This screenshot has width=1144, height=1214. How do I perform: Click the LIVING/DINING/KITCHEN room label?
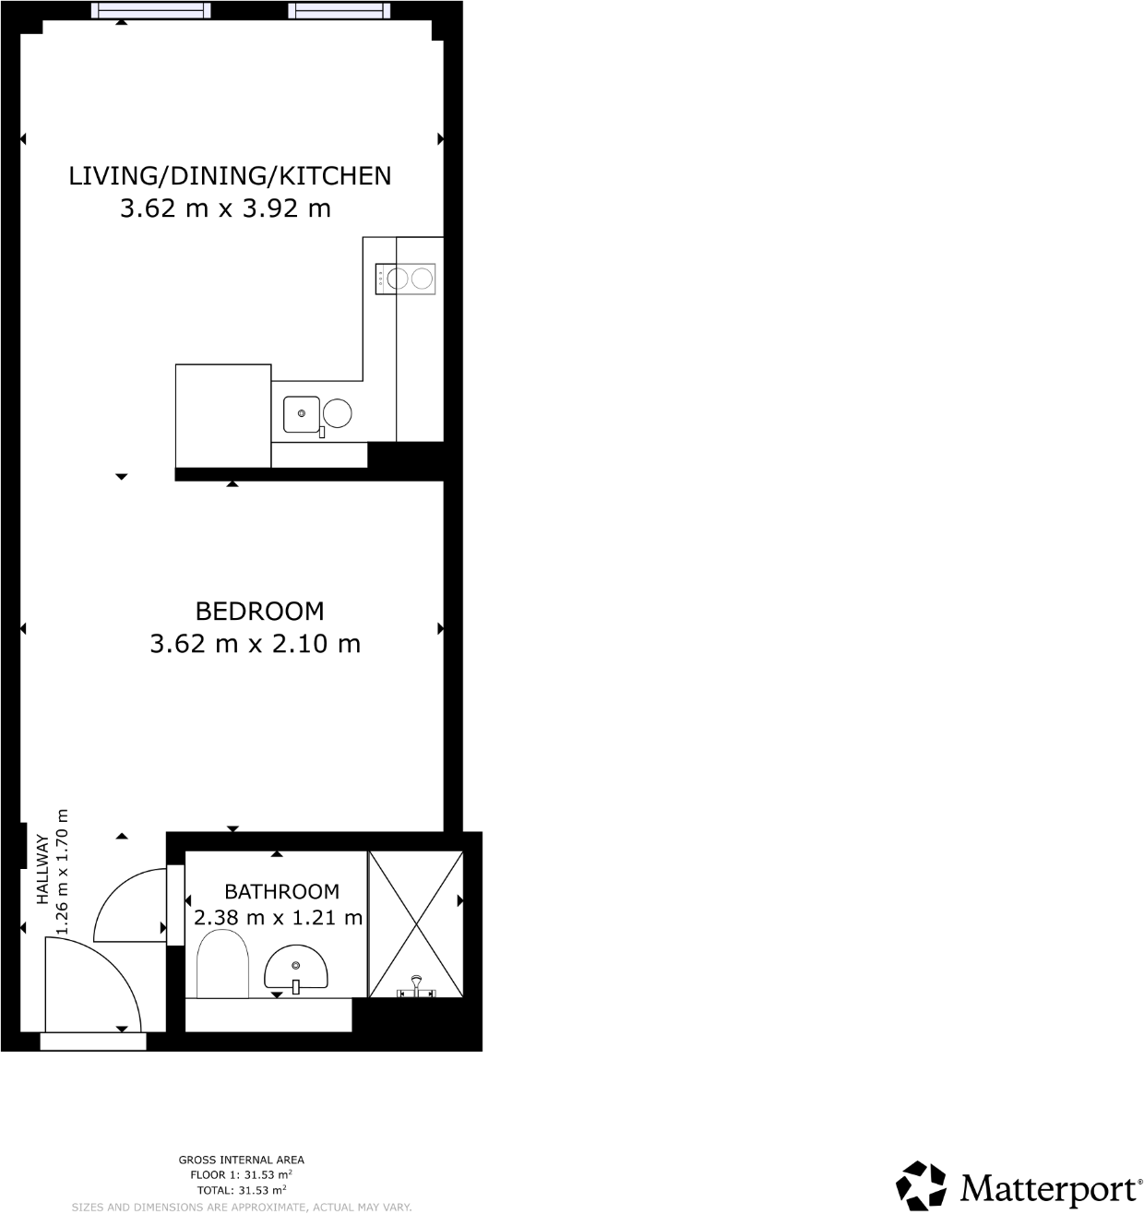pyautogui.click(x=230, y=175)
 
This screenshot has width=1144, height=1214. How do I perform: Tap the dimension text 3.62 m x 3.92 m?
pyautogui.click(x=225, y=208)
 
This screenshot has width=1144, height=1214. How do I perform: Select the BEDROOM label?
pyautogui.click(x=259, y=611)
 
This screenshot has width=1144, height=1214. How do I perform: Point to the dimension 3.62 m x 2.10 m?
pyautogui.click(x=255, y=643)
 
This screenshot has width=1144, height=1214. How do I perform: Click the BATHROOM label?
pyautogui.click(x=281, y=892)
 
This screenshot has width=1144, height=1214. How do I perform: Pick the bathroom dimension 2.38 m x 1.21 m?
pyautogui.click(x=278, y=918)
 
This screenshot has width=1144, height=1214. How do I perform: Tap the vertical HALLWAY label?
pyautogui.click(x=42, y=871)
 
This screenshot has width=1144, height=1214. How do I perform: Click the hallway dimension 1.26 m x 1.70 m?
pyautogui.click(x=63, y=871)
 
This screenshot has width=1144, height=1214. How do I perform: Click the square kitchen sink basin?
pyautogui.click(x=301, y=414)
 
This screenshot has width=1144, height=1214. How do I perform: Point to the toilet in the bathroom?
pyautogui.click(x=222, y=964)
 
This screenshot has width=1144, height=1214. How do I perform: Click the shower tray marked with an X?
pyautogui.click(x=415, y=923)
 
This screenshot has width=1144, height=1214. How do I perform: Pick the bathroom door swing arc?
pyautogui.click(x=130, y=905)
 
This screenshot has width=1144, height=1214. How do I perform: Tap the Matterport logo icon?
pyautogui.click(x=922, y=1185)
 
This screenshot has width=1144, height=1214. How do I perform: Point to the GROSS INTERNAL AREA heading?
pyautogui.click(x=241, y=1160)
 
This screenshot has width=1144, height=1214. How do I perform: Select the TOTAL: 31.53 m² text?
pyautogui.click(x=241, y=1189)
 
